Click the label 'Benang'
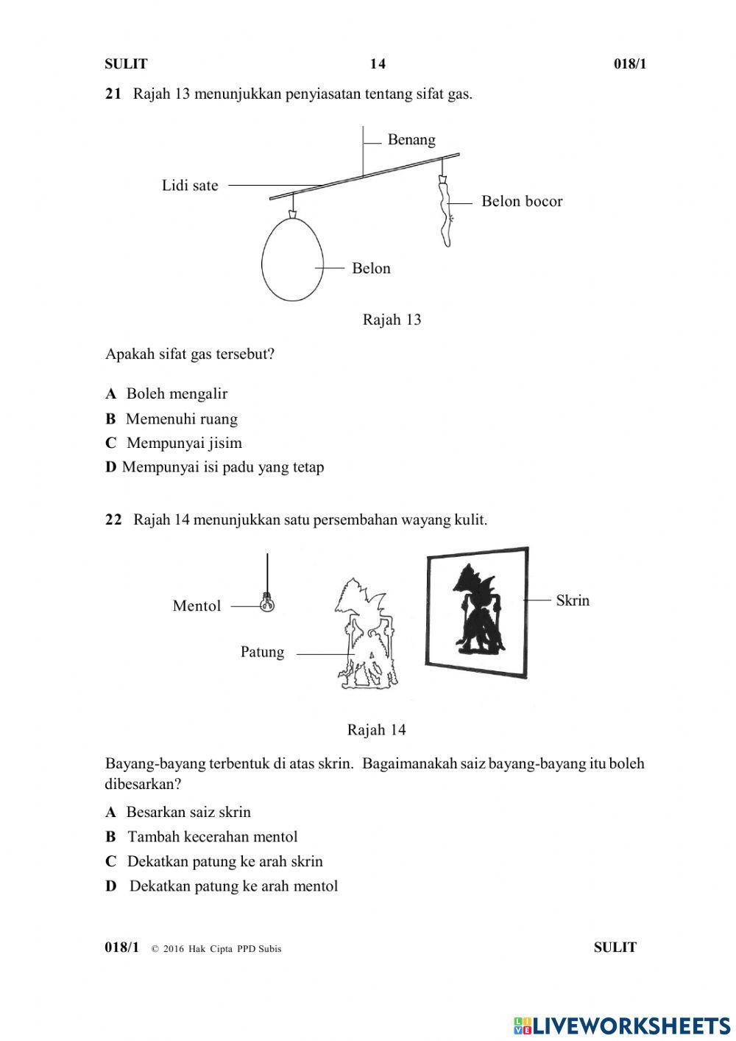pyautogui.click(x=411, y=140)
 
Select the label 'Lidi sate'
pyautogui.click(x=190, y=186)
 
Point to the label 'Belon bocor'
pyautogui.click(x=522, y=201)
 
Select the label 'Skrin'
pyautogui.click(x=573, y=600)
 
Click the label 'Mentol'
pyautogui.click(x=197, y=606)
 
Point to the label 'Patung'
pyautogui.click(x=262, y=652)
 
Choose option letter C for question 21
pyautogui.click(x=111, y=443)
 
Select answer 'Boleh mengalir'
pyautogui.click(x=177, y=393)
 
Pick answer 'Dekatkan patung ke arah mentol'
pyautogui.click(x=233, y=886)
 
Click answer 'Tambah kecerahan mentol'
pyautogui.click(x=212, y=836)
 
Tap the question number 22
pyautogui.click(x=113, y=520)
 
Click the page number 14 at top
pyautogui.click(x=378, y=64)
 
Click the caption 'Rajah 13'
pyautogui.click(x=392, y=319)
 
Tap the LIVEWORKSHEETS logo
pyautogui.click(x=622, y=1025)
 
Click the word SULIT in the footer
pyautogui.click(x=615, y=947)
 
